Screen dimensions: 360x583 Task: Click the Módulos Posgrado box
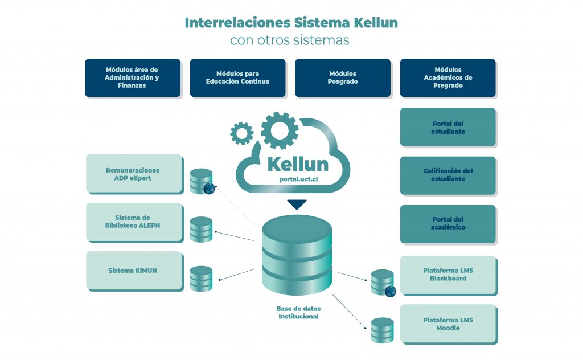pos(342,77)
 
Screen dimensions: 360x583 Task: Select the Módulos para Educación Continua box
pos(237,77)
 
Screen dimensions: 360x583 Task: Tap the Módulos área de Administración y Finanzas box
pos(133,77)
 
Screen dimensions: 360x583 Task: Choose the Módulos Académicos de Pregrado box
pos(447,77)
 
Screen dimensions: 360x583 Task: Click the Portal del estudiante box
pos(447,127)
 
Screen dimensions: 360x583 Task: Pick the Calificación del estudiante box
pos(447,175)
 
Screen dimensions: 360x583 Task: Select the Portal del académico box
pos(447,223)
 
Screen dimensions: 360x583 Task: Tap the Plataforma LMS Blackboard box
pos(447,274)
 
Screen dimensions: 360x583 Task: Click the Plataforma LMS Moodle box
pos(447,324)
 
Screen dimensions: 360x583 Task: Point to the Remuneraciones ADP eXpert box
pos(133,173)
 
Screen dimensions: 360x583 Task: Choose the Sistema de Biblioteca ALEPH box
pos(133,221)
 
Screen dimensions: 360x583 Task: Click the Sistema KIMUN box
pos(133,270)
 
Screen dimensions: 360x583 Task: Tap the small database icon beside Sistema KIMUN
pos(201,279)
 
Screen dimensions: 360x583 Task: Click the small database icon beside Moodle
pos(382,330)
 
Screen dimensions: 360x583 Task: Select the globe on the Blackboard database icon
pos(390,292)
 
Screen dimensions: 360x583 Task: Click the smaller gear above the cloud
pos(242,133)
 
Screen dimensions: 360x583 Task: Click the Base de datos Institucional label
pos(298,312)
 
